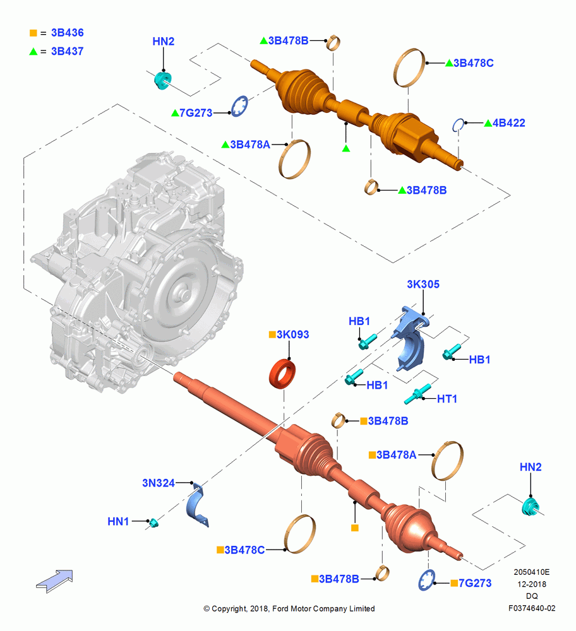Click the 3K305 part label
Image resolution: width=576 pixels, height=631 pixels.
423,284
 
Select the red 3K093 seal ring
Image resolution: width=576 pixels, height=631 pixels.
282,374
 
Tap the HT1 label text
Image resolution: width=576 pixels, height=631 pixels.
447,399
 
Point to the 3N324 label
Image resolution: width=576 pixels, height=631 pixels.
159,483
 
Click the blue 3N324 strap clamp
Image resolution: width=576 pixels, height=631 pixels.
197,504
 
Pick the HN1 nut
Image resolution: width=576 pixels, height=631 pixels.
153,522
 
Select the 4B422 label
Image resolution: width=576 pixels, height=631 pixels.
508,123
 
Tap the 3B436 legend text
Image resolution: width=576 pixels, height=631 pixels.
68,33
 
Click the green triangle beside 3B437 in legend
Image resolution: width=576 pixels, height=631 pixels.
33,52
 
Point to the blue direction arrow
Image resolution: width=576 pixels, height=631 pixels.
54,581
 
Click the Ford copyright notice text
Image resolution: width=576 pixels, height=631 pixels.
289,608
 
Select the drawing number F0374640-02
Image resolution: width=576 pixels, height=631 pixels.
532,608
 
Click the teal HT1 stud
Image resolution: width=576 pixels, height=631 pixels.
417,394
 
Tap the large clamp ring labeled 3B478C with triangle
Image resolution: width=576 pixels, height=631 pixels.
409,68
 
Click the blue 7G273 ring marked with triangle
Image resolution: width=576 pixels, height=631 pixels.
239,106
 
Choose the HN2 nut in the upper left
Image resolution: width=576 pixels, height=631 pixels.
163,80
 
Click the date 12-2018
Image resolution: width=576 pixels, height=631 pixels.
532,584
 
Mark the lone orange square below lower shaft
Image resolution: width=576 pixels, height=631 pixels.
354,528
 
